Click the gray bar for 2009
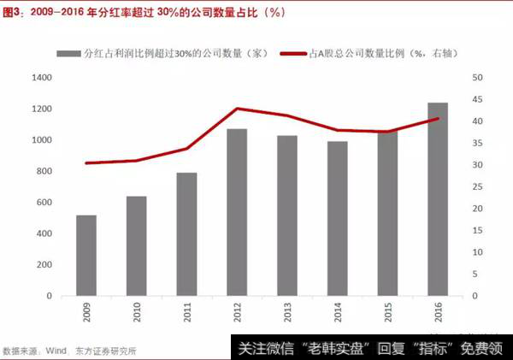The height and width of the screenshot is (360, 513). pos(86,256)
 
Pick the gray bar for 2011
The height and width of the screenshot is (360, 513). pos(186,234)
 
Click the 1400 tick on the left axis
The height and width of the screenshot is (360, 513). pos(41,78)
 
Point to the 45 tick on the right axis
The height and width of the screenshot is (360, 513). pos(477,99)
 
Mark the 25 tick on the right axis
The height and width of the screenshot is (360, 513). pos(477,187)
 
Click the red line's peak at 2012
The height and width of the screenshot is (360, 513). pos(237,109)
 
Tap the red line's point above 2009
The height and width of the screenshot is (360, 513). pos(86,162)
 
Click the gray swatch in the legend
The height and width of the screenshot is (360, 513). pos(68,53)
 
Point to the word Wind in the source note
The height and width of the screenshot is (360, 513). pos(56,351)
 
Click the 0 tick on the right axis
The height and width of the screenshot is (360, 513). pos(475,296)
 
